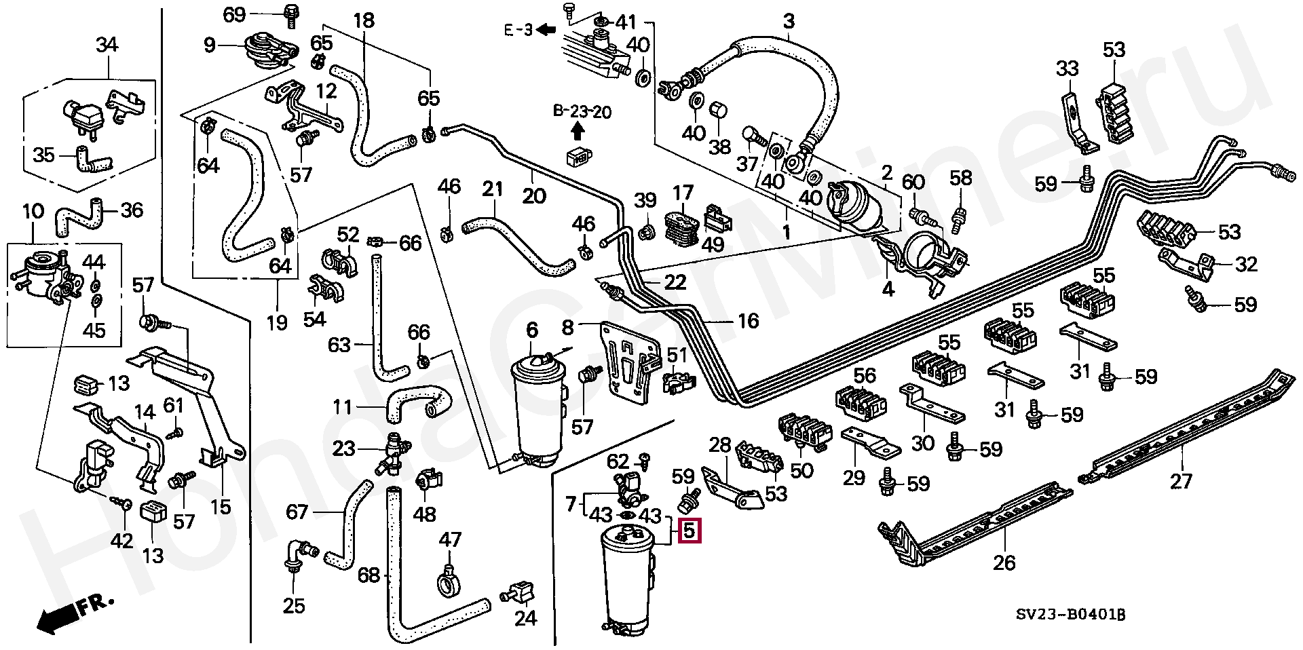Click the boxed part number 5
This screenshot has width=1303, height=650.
click(690, 530)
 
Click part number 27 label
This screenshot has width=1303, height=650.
click(1181, 481)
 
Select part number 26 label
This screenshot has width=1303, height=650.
click(1004, 562)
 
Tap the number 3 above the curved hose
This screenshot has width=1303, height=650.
click(789, 21)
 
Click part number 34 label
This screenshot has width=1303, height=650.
click(107, 45)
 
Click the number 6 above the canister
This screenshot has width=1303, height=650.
click(532, 330)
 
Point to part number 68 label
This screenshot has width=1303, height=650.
click(369, 575)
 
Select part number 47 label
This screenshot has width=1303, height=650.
click(449, 540)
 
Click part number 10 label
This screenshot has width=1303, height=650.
click(33, 212)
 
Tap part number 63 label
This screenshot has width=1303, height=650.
click(339, 345)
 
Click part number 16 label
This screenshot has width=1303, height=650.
click(747, 321)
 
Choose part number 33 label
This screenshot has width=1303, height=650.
click(1067, 69)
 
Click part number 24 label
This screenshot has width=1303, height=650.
click(525, 617)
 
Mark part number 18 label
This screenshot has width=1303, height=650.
click(364, 20)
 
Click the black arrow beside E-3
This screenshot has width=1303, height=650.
click(546, 30)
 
